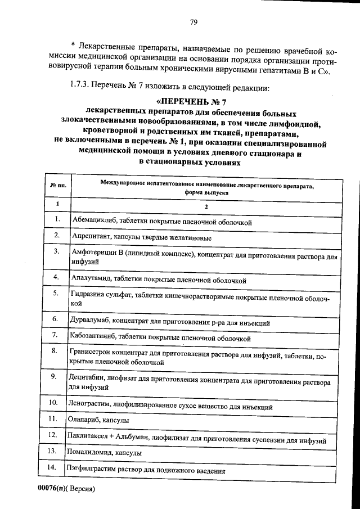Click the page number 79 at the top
[193, 22]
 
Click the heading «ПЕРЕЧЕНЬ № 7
[193, 102]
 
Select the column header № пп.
[58, 185]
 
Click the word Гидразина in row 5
[87, 294]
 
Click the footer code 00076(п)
[48, 489]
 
